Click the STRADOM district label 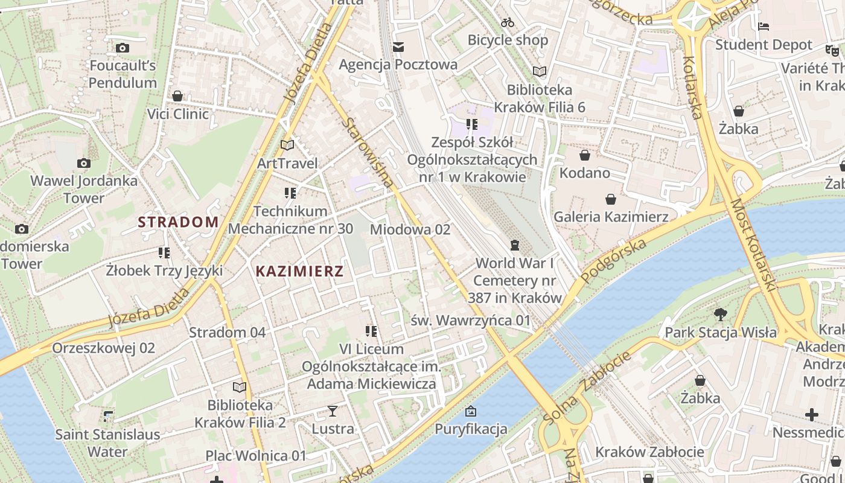(178, 222)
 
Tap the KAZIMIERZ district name (299, 271)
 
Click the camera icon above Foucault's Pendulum (123, 48)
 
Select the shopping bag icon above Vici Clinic (177, 96)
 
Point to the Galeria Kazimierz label (611, 216)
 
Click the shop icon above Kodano (584, 155)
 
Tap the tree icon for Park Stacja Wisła (720, 314)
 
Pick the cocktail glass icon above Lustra (332, 411)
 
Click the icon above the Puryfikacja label (471, 412)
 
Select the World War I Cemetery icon (514, 245)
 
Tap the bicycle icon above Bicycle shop (508, 22)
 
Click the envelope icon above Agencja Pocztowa (398, 46)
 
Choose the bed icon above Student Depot (764, 27)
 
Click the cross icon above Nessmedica (812, 415)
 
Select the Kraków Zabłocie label (649, 452)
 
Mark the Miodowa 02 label (410, 229)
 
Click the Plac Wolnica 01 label (256, 455)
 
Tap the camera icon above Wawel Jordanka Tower (84, 163)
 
